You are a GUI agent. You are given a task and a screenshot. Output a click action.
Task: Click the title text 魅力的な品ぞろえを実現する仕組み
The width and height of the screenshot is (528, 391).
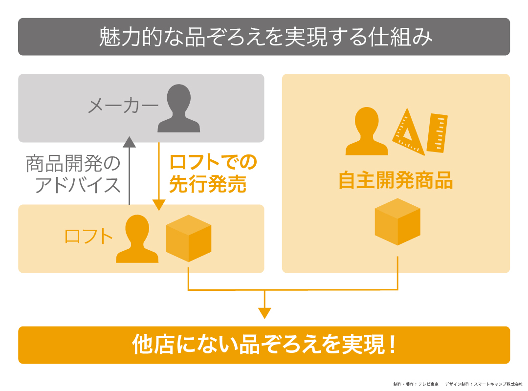tap(264, 37)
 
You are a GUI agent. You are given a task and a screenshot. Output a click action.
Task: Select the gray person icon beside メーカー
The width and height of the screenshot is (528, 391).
tap(178, 109)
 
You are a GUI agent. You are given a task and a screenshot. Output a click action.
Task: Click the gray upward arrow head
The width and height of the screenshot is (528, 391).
tap(129, 142)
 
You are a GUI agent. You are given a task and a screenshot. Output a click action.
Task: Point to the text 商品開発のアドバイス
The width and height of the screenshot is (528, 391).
tap(73, 174)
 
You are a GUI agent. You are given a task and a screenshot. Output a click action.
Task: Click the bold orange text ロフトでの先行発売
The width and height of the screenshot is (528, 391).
tap(213, 174)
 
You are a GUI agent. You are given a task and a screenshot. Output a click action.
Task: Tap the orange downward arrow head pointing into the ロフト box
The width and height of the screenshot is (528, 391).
tap(159, 205)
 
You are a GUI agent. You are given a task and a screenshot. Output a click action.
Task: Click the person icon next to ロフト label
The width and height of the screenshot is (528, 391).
tap(137, 239)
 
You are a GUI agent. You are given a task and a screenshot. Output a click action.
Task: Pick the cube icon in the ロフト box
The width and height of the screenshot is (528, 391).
tap(188, 238)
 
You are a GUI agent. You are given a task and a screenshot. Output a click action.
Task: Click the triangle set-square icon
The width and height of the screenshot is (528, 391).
tap(408, 132)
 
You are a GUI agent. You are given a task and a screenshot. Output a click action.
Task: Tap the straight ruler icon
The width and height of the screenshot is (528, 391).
tap(437, 132)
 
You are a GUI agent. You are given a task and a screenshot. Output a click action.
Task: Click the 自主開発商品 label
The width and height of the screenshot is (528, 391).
tap(396, 181)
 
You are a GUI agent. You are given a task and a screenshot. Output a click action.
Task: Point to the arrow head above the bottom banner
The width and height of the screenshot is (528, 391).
tap(264, 313)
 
